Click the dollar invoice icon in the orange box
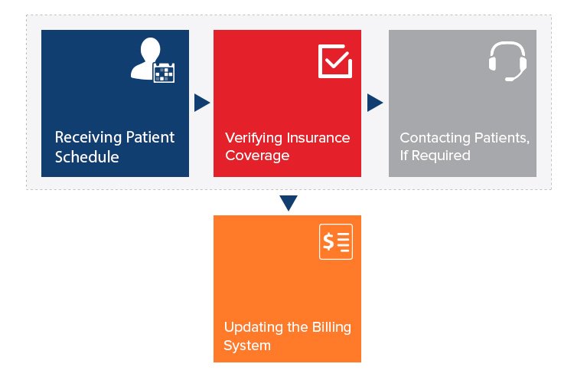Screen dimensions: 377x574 click(336, 243)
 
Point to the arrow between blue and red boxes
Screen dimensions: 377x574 click(201, 103)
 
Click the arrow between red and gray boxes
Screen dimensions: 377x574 click(375, 103)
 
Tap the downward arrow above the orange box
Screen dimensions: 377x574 click(288, 203)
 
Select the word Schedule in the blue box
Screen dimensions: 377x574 click(86, 157)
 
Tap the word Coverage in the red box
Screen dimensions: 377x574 click(257, 156)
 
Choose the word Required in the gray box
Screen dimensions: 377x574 click(442, 156)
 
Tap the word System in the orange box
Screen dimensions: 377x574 click(247, 346)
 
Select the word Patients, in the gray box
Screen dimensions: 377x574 click(502, 139)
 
